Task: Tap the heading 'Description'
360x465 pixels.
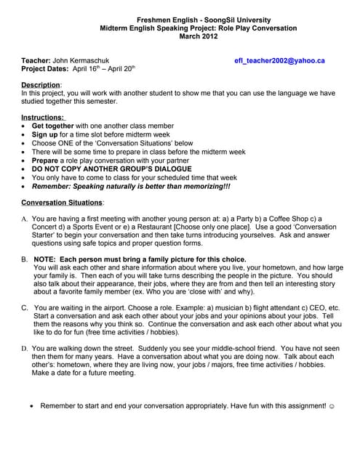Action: pos(41,85)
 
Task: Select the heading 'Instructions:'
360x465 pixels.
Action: pos(43,117)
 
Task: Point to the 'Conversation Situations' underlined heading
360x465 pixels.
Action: pos(63,202)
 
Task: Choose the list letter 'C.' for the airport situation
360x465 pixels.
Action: pos(25,308)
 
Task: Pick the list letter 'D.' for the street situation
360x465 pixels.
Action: pos(25,348)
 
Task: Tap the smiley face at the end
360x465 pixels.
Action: pos(331,405)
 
